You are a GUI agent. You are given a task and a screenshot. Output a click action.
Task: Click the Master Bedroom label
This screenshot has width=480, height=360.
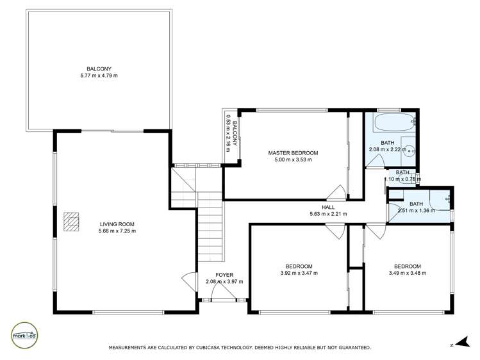coord(292,152)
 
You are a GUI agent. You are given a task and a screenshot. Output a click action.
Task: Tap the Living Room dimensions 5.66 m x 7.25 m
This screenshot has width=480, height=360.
coord(117,231)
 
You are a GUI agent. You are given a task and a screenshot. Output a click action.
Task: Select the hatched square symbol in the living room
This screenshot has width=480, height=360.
coord(71,221)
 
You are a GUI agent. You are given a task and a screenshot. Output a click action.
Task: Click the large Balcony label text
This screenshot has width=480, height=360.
coord(99,69)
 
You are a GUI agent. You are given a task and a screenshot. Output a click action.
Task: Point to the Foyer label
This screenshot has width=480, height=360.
coord(224,274)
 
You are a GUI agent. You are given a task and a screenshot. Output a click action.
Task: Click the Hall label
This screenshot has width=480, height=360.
coord(328,207)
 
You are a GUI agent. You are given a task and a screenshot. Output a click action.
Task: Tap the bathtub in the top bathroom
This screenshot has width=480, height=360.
coord(391,121)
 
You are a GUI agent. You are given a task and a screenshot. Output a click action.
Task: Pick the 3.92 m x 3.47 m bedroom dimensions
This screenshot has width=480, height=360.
coord(299,273)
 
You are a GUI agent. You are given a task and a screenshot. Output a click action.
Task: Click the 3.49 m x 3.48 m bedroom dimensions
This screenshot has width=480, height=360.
coord(407,273)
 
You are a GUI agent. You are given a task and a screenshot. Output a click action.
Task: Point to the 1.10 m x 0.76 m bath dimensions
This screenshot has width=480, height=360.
coord(402,179)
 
